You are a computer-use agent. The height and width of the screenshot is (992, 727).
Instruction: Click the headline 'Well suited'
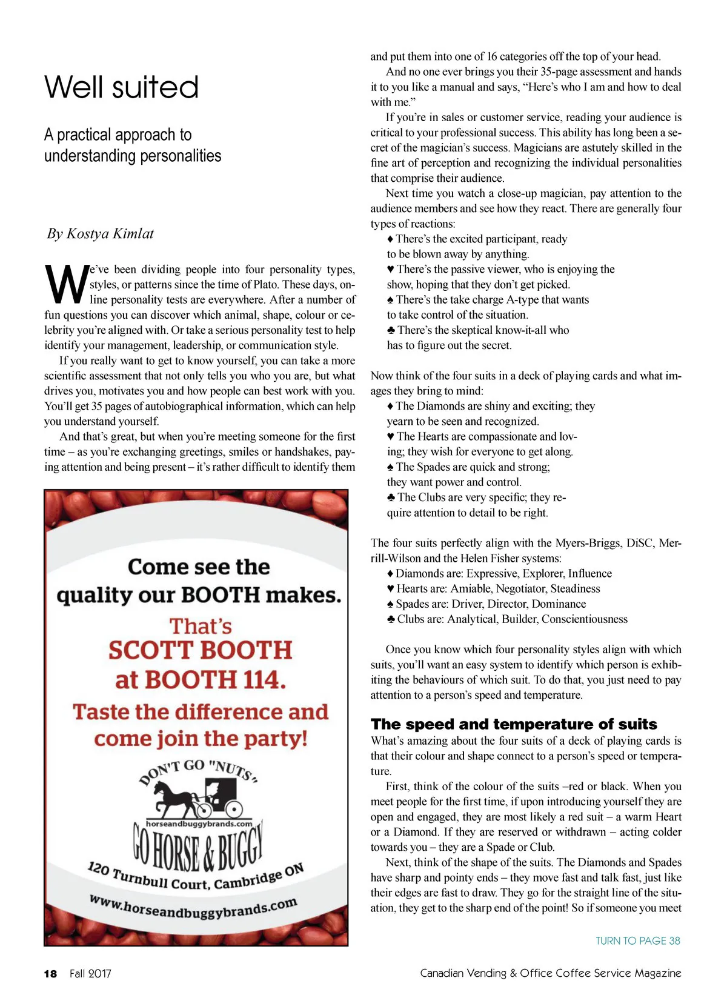pos(122,87)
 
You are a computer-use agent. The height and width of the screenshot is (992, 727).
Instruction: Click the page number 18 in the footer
pos(50,974)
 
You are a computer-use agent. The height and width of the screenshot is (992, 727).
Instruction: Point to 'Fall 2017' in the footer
pos(90,974)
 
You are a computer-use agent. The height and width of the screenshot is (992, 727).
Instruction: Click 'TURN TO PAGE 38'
pos(637,940)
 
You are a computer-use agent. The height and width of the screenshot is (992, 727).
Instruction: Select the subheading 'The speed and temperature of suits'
pos(514,724)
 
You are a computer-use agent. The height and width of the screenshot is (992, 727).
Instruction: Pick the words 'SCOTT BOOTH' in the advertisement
pos(200,650)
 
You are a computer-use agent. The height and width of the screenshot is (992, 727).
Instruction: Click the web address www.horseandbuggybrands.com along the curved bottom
pos(194,907)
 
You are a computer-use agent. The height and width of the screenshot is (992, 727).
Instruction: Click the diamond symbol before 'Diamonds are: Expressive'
pos(391,574)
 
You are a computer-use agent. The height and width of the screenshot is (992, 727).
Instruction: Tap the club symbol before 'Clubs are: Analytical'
pos(391,619)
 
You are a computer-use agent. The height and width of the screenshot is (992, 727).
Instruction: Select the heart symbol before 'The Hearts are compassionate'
pos(391,437)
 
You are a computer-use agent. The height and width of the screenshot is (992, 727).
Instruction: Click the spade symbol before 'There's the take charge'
pos(391,300)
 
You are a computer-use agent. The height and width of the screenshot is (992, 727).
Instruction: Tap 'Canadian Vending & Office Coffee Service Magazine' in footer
pos(550,973)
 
